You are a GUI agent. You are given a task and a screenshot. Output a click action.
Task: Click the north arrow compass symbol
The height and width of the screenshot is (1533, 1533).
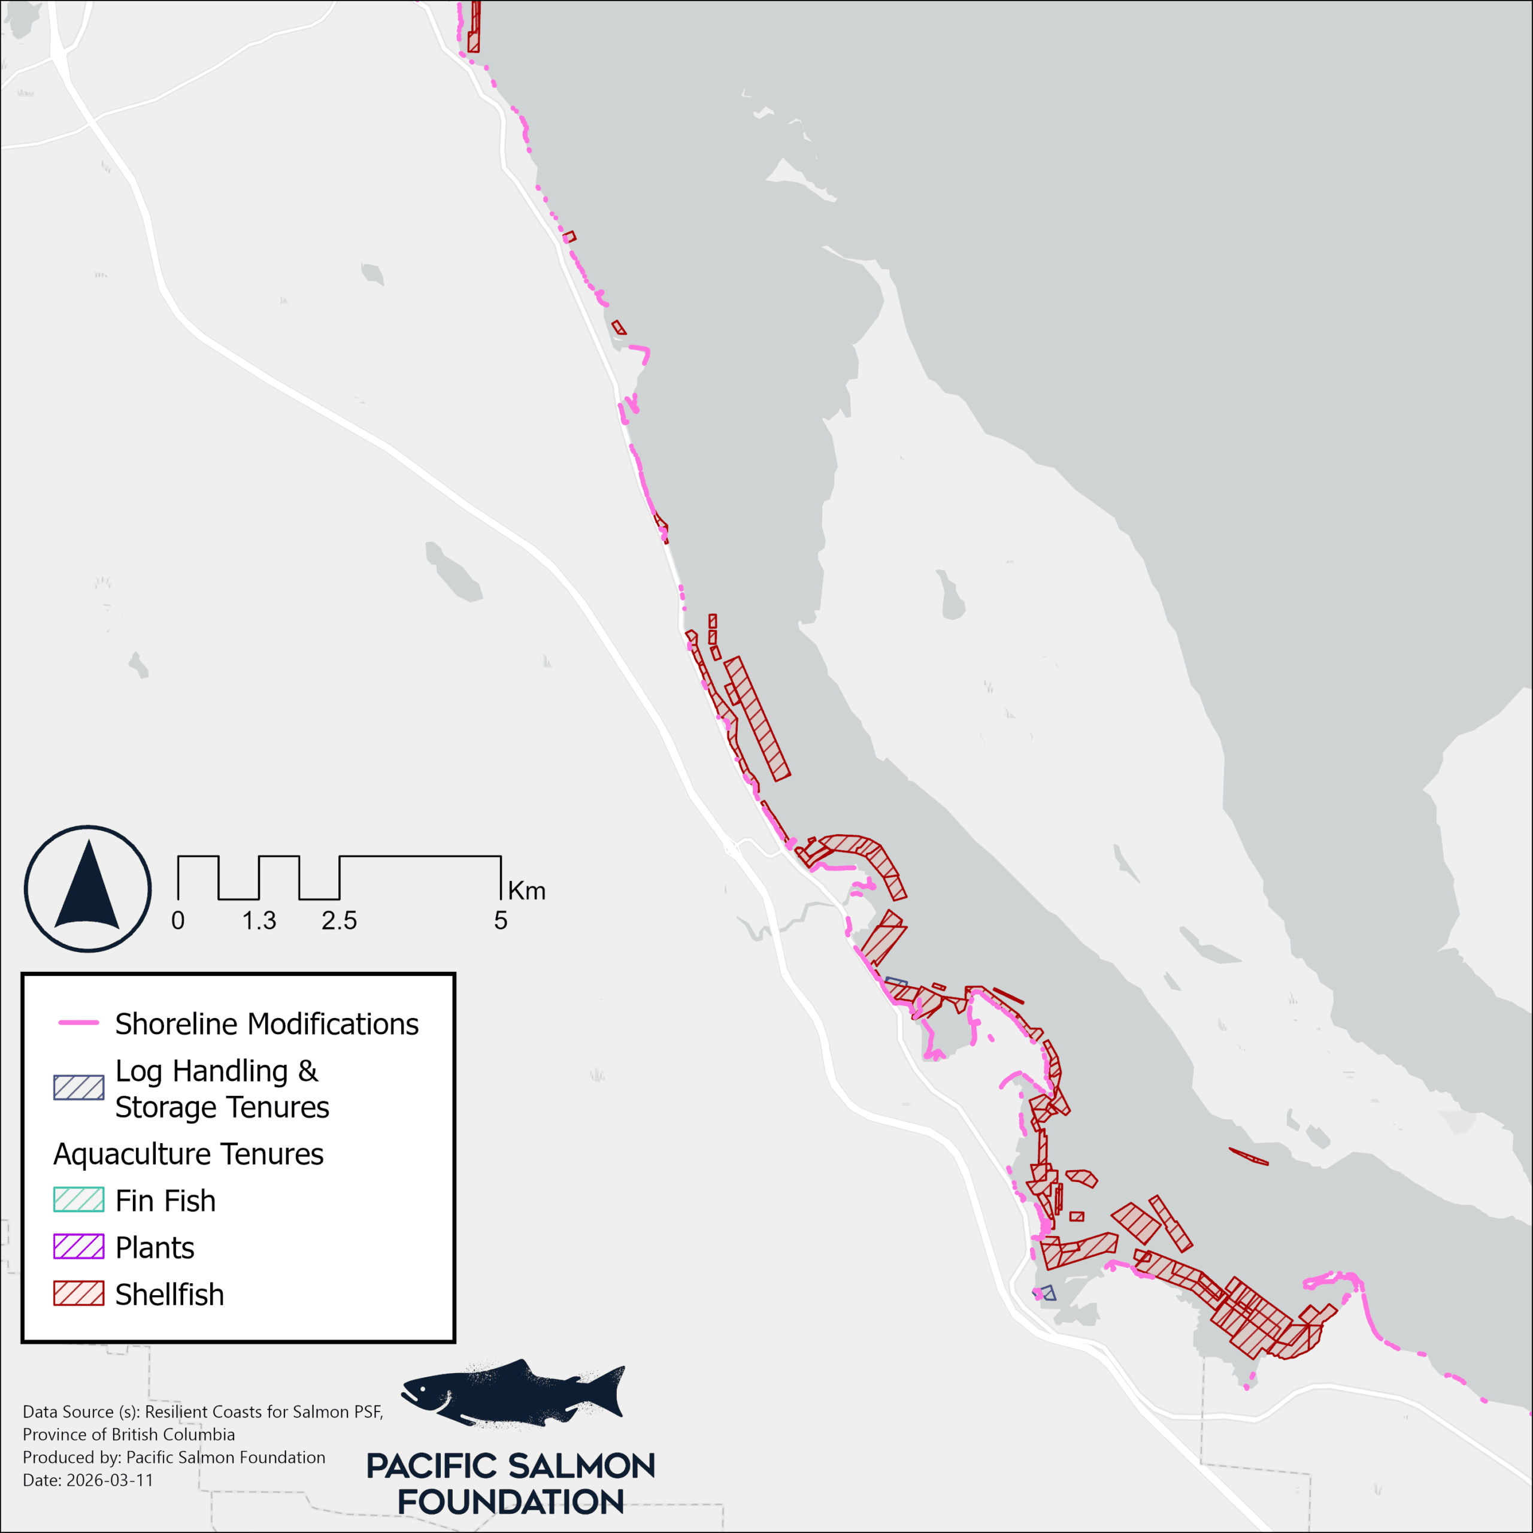[x=87, y=889]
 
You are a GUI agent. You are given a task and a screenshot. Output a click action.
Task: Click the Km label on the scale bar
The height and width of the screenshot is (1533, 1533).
[x=526, y=891]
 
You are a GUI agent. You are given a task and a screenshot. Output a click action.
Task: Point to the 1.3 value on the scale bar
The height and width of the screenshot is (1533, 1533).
[x=259, y=921]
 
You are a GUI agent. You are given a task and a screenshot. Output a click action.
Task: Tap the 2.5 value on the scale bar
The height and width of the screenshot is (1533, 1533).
[x=339, y=921]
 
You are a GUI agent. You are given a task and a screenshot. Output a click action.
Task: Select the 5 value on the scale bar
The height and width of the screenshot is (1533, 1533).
[x=500, y=921]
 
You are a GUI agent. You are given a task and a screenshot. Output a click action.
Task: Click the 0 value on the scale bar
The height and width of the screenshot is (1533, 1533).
[x=178, y=921]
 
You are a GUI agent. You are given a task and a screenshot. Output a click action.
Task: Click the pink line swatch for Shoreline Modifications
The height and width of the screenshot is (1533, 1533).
[x=78, y=1023]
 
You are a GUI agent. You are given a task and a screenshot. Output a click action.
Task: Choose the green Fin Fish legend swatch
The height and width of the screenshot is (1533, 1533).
[x=78, y=1199]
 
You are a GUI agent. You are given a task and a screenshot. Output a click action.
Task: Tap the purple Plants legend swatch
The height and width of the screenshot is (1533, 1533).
[x=78, y=1247]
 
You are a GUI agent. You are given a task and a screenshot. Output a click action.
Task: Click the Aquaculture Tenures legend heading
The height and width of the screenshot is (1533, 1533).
[x=188, y=1154]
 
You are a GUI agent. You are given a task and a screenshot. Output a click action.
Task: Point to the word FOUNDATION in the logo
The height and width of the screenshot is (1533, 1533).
[x=510, y=1501]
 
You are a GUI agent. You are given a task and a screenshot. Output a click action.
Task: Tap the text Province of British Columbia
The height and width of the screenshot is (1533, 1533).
[x=129, y=1435]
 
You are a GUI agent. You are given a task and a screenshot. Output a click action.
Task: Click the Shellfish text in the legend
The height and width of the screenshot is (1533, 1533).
[x=169, y=1294]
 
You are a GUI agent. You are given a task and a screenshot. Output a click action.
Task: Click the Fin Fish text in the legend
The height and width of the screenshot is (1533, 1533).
[x=165, y=1201]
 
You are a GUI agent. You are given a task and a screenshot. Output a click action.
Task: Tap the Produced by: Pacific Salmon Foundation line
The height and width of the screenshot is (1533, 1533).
[x=174, y=1458]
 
